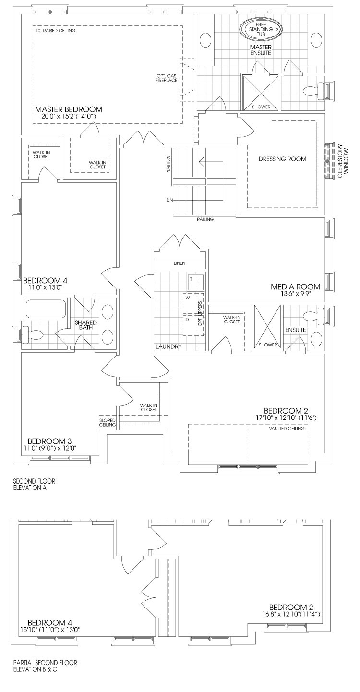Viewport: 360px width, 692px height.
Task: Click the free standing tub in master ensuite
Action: pyautogui.click(x=261, y=29)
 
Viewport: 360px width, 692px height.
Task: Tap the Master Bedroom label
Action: pyautogui.click(x=69, y=109)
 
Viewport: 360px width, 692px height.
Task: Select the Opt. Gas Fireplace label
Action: pyautogui.click(x=167, y=78)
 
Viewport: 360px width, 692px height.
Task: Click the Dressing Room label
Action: pyautogui.click(x=282, y=159)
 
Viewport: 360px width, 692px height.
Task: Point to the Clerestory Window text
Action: pyautogui.click(x=343, y=160)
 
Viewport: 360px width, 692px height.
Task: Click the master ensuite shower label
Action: pyautogui.click(x=261, y=107)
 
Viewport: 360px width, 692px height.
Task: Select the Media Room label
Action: pyautogui.click(x=295, y=286)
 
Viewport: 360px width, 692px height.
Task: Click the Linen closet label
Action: pyautogui.click(x=179, y=263)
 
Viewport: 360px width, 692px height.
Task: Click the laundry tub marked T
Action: pyautogui.click(x=195, y=281)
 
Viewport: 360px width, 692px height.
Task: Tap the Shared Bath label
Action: pyautogui.click(x=85, y=325)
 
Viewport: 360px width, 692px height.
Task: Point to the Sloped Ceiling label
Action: pyautogui.click(x=107, y=423)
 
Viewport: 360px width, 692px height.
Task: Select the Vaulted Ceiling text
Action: pyautogui.click(x=287, y=428)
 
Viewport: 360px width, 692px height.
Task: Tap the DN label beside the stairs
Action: pyautogui.click(x=169, y=200)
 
